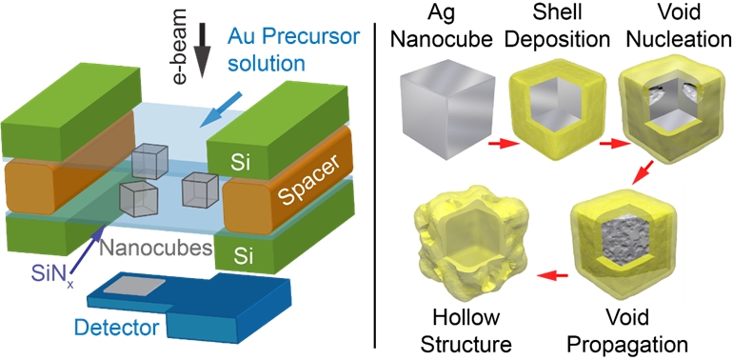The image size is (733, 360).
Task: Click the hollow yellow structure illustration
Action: tap(466, 245)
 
